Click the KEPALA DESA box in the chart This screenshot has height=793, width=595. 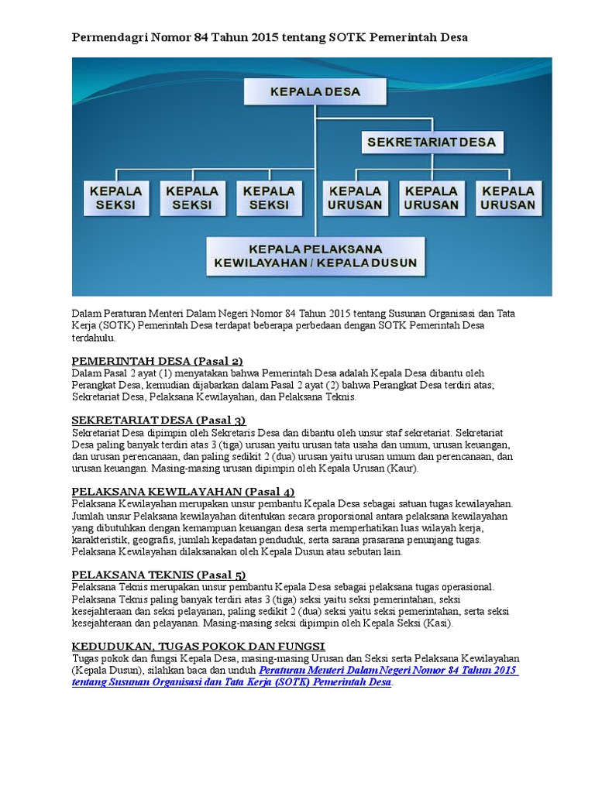point(315,91)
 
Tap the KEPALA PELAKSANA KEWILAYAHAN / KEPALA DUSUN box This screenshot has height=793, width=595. point(315,256)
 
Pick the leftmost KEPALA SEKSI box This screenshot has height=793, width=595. point(116,198)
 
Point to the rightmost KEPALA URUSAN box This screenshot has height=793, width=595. point(507,198)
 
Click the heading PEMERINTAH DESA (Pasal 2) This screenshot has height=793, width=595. point(157,361)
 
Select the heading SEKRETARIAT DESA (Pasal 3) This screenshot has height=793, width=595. point(158,420)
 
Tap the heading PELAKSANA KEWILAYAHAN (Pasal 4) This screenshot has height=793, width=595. point(183,492)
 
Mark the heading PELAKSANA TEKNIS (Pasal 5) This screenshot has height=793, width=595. point(158,575)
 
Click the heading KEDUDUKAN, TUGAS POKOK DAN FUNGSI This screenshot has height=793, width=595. point(198,646)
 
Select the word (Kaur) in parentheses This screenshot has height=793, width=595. point(404,469)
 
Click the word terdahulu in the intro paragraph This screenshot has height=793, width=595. point(94,338)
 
